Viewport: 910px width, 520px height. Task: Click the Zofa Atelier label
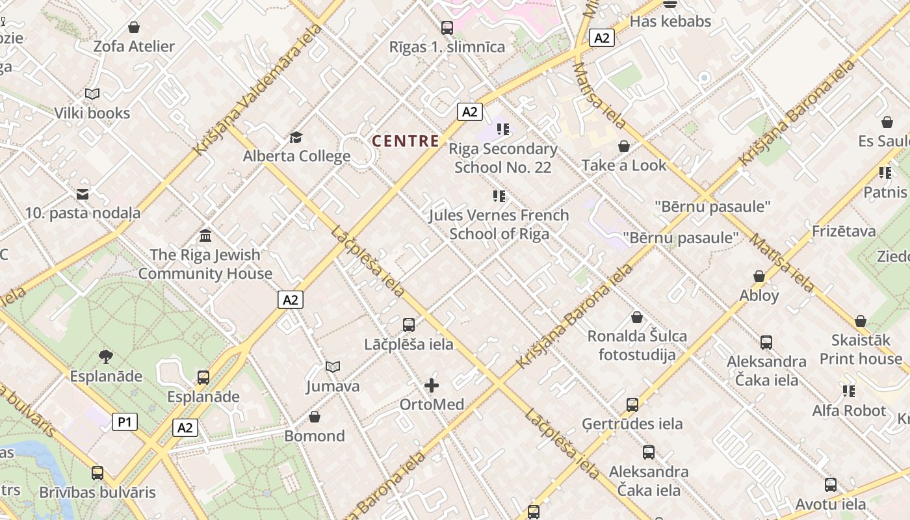(x=134, y=46)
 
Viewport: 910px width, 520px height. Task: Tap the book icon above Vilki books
(x=92, y=94)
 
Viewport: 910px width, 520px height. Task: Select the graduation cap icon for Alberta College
(x=296, y=137)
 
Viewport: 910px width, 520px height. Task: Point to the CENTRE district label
(x=406, y=140)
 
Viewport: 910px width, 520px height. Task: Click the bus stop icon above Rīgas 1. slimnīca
(x=447, y=28)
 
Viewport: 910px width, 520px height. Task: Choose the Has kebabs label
(x=671, y=21)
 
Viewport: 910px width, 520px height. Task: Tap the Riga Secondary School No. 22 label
(x=503, y=158)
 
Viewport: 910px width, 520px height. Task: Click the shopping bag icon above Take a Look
(x=624, y=146)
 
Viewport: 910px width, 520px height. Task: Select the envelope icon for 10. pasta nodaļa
(x=83, y=194)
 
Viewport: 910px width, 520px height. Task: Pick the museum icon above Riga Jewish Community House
(x=205, y=235)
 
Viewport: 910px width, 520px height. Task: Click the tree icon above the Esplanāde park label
(x=106, y=356)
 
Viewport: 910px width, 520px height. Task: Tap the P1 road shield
(x=125, y=422)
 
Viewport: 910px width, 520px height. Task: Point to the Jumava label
(x=333, y=386)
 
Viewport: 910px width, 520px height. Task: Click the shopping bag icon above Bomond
(x=315, y=416)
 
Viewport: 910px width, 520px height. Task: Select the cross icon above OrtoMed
(x=432, y=385)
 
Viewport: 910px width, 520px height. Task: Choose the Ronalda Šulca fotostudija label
(x=637, y=345)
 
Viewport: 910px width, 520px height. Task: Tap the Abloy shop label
(x=759, y=295)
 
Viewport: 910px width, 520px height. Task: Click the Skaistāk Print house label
(x=861, y=349)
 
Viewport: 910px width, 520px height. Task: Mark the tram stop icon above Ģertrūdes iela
(x=632, y=405)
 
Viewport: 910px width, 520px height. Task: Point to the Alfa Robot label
(x=849, y=411)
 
